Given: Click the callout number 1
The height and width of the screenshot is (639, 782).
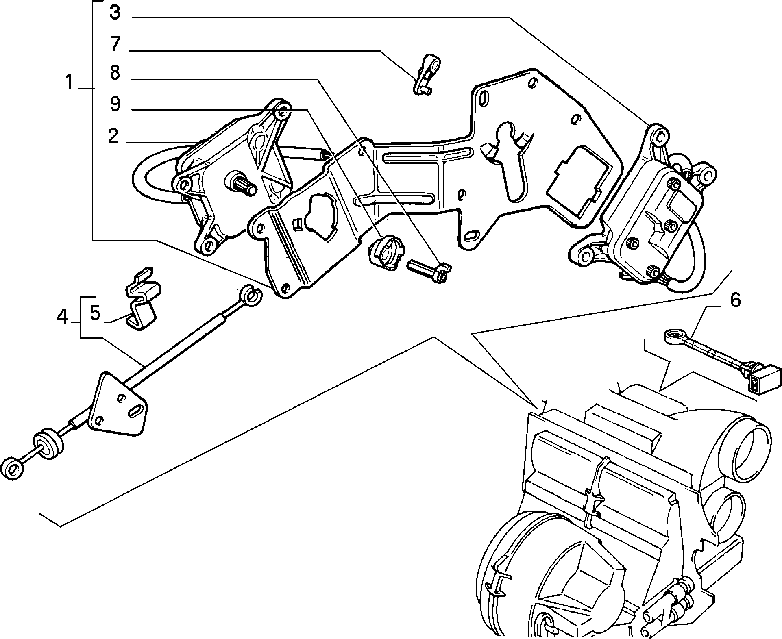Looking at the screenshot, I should click(70, 83).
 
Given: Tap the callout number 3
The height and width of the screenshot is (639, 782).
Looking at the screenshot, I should click(115, 12).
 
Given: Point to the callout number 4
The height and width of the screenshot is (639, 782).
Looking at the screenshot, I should click(62, 317).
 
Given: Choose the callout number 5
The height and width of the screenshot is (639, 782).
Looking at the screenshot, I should click(95, 314).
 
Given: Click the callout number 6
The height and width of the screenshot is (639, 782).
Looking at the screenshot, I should click(735, 301).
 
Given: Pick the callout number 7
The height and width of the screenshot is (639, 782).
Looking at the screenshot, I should click(115, 44).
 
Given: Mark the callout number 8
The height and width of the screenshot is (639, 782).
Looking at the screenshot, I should click(115, 73).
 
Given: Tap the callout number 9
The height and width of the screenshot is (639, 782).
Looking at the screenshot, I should click(115, 104).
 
